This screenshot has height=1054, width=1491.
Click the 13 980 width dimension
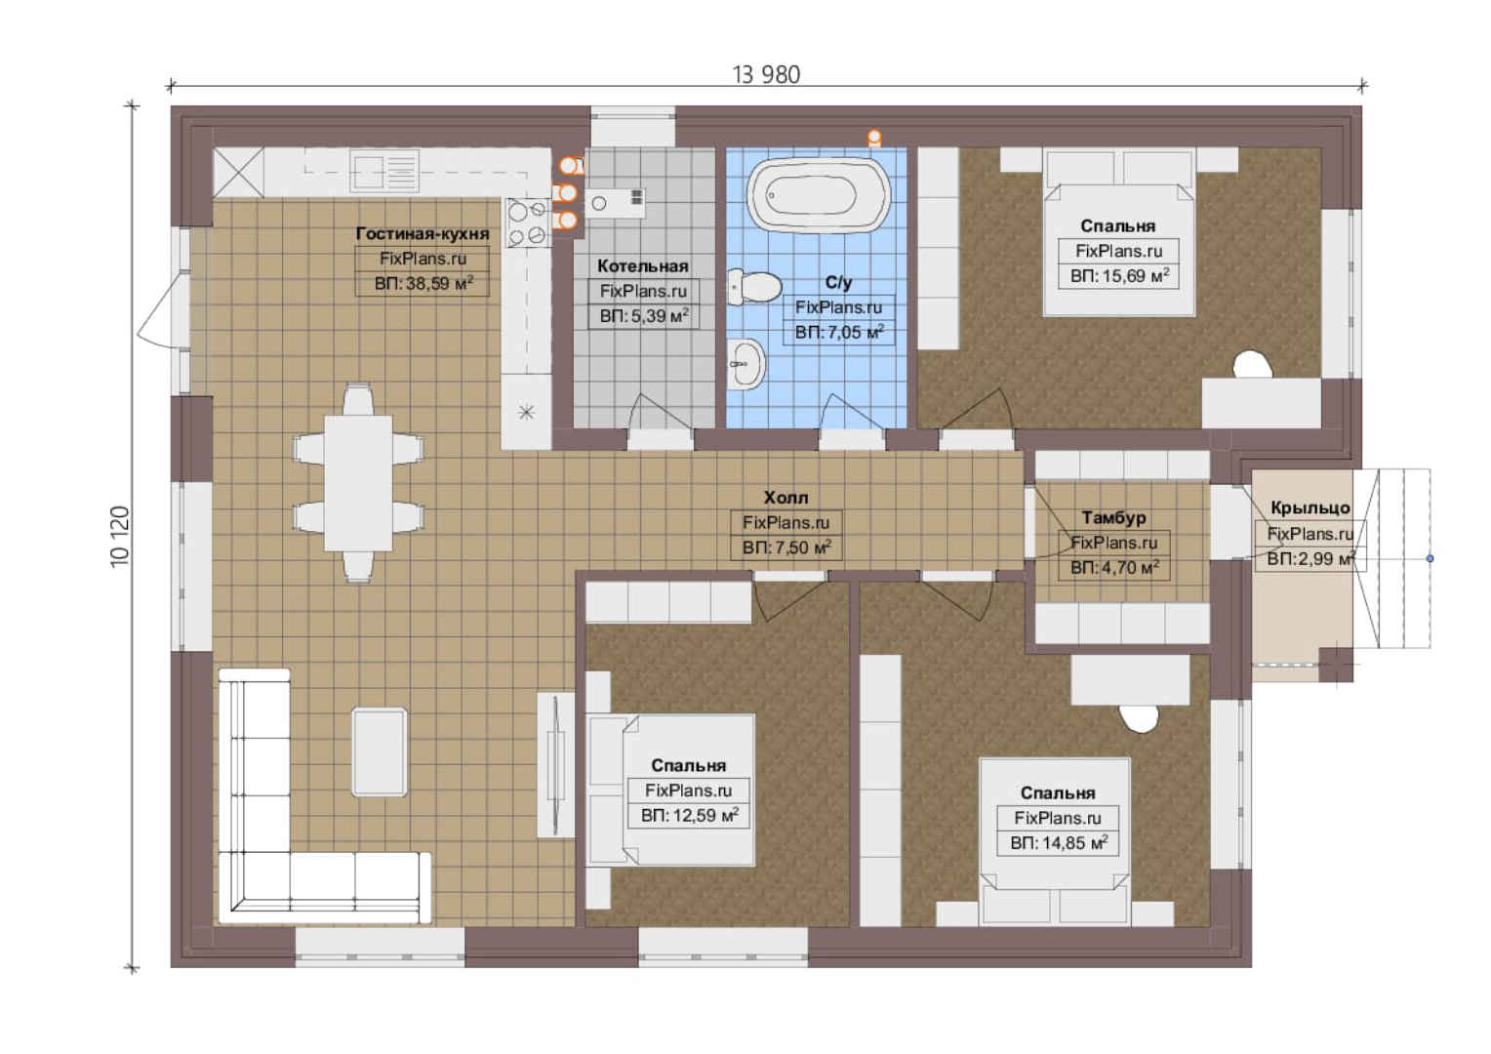(x=766, y=74)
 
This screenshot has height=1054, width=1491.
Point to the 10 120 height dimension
(x=120, y=537)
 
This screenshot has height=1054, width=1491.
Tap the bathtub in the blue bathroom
(x=819, y=195)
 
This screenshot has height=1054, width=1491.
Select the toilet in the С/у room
(x=754, y=287)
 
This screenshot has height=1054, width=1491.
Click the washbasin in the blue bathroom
(x=746, y=364)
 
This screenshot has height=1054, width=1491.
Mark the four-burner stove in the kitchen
(x=527, y=223)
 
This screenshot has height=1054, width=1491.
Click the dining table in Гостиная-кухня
(x=358, y=483)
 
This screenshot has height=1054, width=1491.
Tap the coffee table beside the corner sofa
(x=380, y=751)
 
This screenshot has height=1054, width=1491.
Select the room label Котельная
(x=642, y=266)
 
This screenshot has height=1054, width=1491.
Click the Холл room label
(x=786, y=498)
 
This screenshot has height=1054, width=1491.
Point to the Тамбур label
(x=1113, y=517)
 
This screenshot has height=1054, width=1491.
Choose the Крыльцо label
(x=1310, y=508)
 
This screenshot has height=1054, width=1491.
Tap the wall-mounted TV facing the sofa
(x=556, y=764)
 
